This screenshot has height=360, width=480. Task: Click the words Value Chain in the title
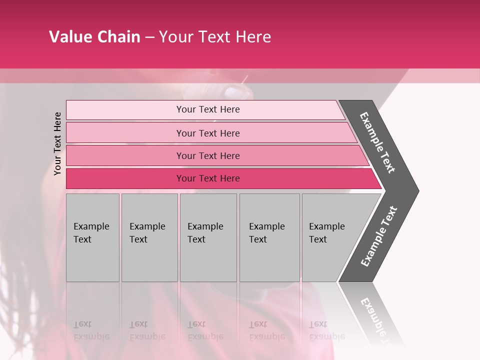click(94, 37)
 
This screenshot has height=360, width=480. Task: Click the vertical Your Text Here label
click(57, 143)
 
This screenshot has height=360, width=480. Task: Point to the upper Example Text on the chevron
click(377, 142)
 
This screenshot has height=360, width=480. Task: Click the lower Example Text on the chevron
click(379, 236)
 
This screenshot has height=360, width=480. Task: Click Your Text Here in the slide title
click(215, 37)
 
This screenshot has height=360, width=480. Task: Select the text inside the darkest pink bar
click(208, 178)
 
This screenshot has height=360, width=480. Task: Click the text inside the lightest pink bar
click(208, 109)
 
